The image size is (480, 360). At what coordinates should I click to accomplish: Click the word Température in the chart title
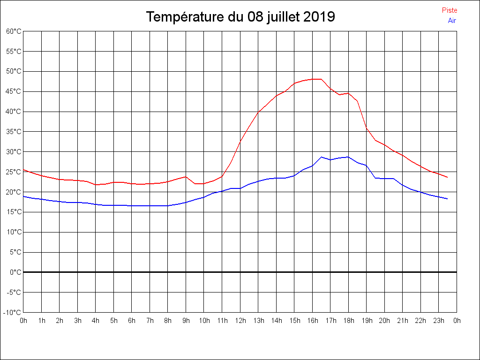click(185, 17)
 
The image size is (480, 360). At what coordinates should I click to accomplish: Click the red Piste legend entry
click(450, 10)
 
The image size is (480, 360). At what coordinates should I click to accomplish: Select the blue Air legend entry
click(452, 21)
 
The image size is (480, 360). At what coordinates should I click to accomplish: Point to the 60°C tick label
click(14, 31)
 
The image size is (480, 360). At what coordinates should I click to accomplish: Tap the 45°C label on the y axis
click(14, 91)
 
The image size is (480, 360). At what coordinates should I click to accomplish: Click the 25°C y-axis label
click(14, 172)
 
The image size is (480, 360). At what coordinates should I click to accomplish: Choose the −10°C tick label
click(13, 313)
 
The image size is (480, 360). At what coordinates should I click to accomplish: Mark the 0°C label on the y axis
click(15, 272)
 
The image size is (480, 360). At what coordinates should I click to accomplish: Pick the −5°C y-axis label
click(14, 292)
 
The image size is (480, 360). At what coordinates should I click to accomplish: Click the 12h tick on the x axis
click(240, 321)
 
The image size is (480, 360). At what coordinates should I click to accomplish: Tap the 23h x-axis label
click(438, 321)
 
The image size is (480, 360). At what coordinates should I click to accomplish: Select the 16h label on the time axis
click(312, 321)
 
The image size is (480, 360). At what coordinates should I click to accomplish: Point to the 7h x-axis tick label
click(150, 321)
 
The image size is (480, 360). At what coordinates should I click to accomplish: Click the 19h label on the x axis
click(367, 321)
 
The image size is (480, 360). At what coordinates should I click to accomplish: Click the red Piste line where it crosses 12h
click(240, 141)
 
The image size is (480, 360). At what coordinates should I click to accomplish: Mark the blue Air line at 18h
click(348, 157)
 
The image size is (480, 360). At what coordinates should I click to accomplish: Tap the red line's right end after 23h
click(447, 177)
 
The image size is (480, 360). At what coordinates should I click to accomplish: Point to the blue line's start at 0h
click(23, 196)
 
